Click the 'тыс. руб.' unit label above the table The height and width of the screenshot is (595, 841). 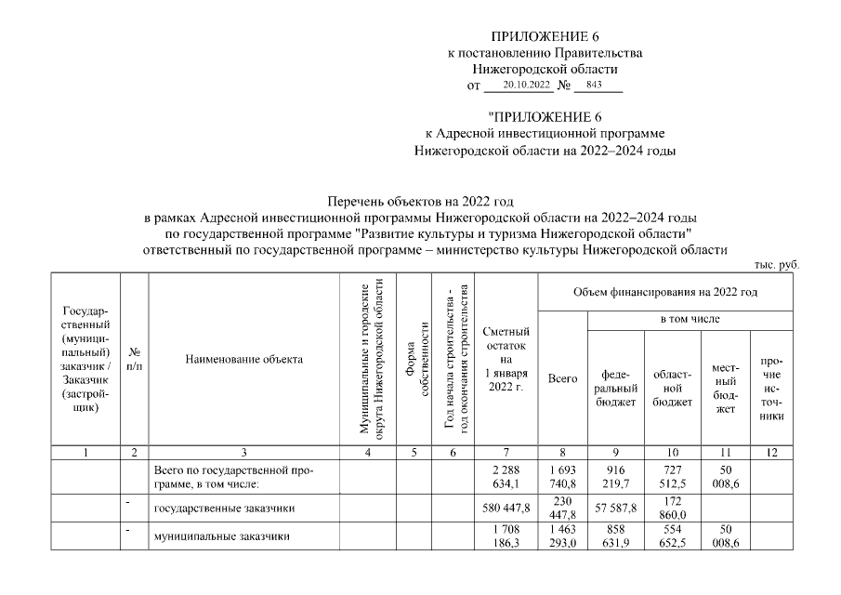(777, 265)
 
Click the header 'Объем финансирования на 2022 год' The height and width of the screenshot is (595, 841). (665, 292)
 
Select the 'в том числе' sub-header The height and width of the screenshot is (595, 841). (690, 319)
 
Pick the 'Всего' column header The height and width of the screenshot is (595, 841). (562, 379)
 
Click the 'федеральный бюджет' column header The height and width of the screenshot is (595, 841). (613, 388)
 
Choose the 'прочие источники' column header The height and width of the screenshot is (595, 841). (770, 388)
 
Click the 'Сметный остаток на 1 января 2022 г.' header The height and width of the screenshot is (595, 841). (506, 359)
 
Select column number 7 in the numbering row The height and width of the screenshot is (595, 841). (506, 453)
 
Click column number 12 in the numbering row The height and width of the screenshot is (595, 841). (770, 453)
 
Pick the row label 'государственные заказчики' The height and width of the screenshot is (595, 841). (219, 509)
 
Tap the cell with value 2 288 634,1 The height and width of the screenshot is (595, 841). (506, 476)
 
